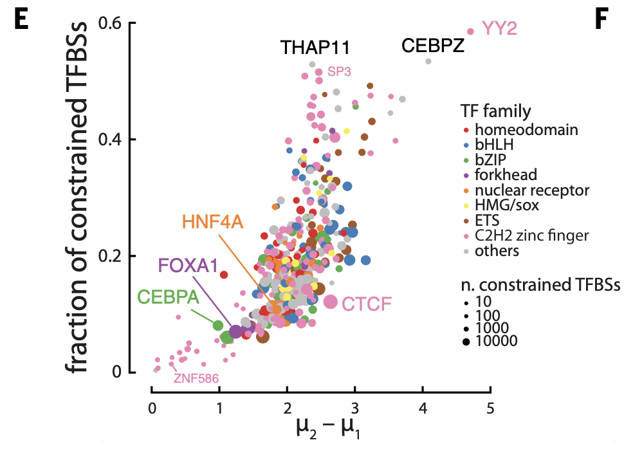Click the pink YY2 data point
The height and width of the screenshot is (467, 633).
pyautogui.click(x=470, y=31)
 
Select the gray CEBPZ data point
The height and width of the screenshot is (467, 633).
pyautogui.click(x=428, y=61)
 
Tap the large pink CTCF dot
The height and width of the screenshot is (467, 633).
pyautogui.click(x=331, y=301)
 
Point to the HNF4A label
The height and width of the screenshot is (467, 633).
pyautogui.click(x=212, y=223)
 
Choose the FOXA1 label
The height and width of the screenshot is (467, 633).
pyautogui.click(x=187, y=266)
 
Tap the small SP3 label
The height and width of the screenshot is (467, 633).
pyautogui.click(x=338, y=71)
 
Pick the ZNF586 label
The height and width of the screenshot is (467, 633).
pyautogui.click(x=195, y=378)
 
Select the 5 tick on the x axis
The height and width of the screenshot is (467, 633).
pyautogui.click(x=490, y=408)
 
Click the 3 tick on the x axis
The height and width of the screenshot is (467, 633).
pyautogui.click(x=354, y=408)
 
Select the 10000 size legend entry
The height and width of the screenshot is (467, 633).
pyautogui.click(x=496, y=341)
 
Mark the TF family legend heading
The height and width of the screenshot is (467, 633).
pyautogui.click(x=495, y=111)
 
